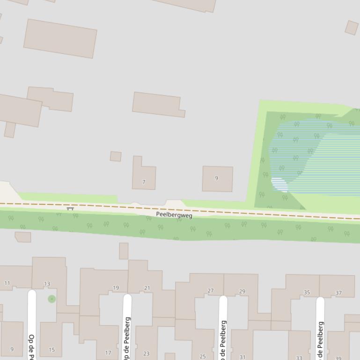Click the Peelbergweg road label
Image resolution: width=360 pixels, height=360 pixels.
point(174,215)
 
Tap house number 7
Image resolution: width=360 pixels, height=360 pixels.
point(144,182)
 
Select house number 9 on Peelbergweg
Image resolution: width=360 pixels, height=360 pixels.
point(216,178)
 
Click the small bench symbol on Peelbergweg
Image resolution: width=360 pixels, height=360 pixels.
point(70,209)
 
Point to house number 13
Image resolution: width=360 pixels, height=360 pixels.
point(47,284)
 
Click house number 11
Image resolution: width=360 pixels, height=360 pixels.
point(7,283)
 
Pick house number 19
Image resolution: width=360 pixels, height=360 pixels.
point(116,288)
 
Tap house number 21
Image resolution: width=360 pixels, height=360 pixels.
point(147,288)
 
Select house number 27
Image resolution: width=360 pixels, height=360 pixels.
point(211,291)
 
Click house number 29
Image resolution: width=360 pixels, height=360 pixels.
point(242,291)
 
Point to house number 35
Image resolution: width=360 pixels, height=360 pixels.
point(307,293)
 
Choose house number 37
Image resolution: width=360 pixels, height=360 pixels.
point(338,293)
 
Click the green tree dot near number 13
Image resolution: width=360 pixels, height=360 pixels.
point(51,299)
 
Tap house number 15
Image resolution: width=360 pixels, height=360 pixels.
point(51,350)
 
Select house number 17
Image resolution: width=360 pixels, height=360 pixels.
point(108,353)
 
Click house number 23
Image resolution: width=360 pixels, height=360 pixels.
point(146,354)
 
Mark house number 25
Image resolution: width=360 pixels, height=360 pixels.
point(203,356)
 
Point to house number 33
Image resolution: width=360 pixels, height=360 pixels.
point(299,358)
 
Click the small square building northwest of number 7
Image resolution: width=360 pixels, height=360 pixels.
point(116,156)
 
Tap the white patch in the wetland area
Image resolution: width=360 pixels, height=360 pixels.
point(279,184)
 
